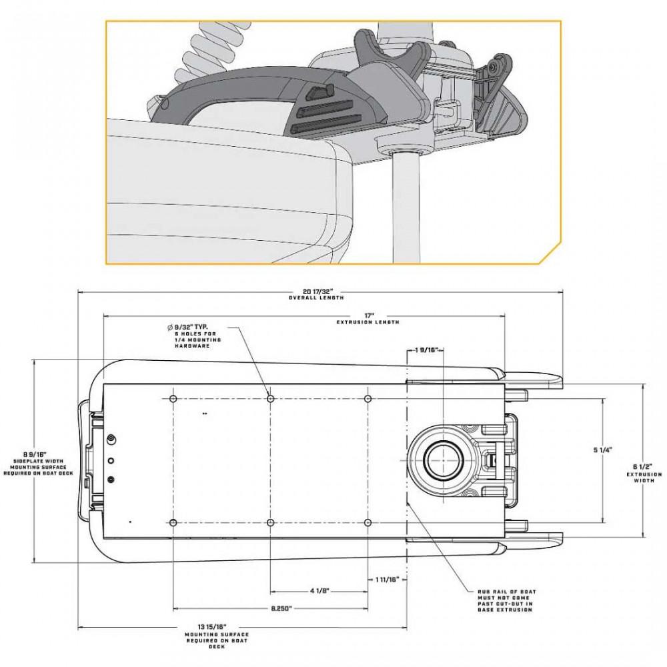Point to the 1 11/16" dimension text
coord(388,579)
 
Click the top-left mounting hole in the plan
coord(173,399)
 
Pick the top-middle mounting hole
coord(270,399)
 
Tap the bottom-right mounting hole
coord(368,522)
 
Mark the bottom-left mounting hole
coord(173,522)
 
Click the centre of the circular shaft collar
coord(443,460)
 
